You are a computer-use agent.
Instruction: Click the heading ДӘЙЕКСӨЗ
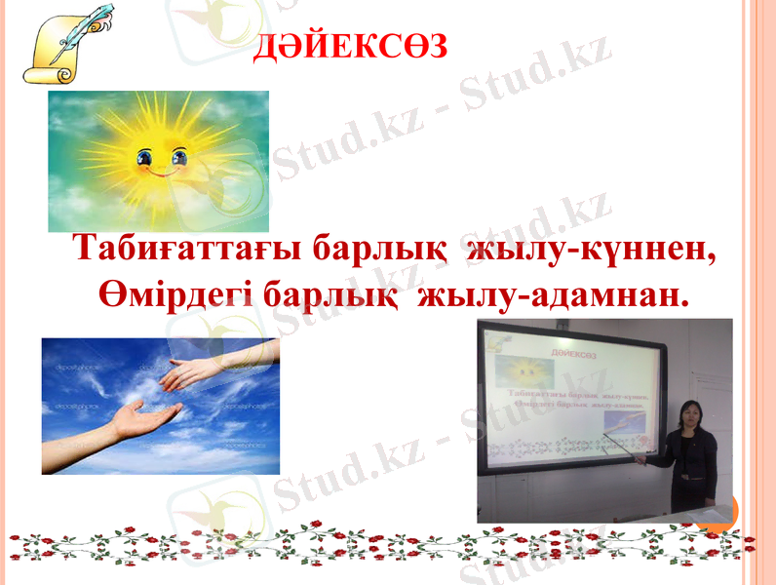(351, 45)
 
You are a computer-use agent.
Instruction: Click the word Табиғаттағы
(185, 249)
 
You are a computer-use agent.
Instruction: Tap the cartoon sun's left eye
(146, 156)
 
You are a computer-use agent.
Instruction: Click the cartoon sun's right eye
(179, 156)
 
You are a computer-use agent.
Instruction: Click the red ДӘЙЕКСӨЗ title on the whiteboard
(575, 348)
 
